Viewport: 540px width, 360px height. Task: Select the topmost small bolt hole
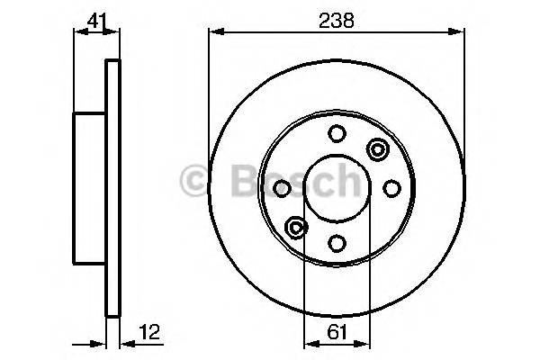click(336, 134)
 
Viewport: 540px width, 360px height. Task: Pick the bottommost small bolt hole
click(336, 242)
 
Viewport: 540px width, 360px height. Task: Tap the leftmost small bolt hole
click(282, 188)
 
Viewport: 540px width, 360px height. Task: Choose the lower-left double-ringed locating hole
click(294, 228)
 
